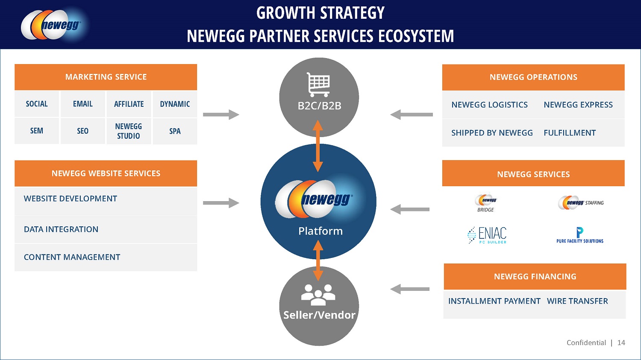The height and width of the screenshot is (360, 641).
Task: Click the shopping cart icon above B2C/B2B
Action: coord(318,84)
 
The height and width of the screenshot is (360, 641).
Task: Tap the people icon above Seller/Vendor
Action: coord(318,294)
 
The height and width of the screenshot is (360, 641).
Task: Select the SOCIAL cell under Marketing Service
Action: coord(37,104)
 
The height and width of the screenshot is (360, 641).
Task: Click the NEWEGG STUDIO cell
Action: coord(129,131)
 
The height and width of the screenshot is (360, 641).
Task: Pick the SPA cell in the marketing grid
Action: coord(175,131)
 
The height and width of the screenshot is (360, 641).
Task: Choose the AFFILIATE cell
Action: coord(129,104)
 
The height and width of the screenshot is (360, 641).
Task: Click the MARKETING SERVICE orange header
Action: coord(106,77)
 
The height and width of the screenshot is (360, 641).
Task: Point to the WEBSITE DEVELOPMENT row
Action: coord(71,199)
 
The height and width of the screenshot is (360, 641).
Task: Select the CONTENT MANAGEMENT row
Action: coord(72,257)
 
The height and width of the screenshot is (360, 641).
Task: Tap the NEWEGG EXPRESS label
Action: coord(578,105)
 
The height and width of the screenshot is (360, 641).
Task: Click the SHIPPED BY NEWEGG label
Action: coord(492,133)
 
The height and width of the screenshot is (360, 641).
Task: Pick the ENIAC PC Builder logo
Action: coord(487,235)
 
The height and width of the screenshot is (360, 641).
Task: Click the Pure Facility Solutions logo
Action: coord(580,235)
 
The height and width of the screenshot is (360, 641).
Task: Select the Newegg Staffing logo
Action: coord(580,202)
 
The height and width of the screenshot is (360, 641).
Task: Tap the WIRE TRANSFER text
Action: coord(577,301)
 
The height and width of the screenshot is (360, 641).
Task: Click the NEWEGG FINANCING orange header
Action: coord(535,277)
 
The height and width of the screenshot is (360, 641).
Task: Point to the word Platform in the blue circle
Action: coord(320,231)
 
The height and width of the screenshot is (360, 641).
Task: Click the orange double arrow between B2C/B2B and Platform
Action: coord(318,146)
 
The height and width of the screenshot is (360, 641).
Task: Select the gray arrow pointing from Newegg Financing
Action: coord(410,289)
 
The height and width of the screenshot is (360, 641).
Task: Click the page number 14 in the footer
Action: coord(621,342)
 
